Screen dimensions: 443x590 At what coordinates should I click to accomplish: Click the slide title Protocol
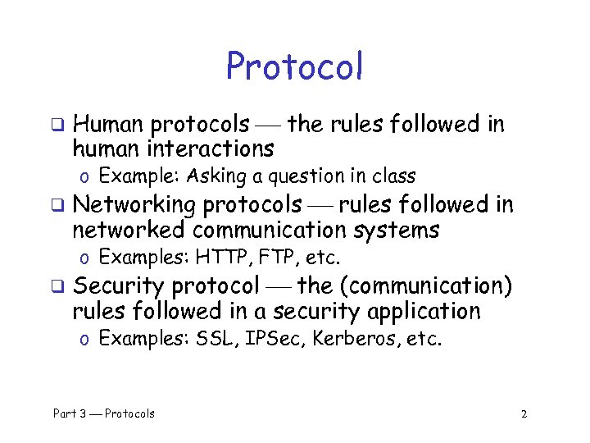(294, 67)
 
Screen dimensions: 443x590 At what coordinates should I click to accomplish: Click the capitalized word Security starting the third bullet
(119, 285)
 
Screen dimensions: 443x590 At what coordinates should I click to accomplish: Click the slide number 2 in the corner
(524, 413)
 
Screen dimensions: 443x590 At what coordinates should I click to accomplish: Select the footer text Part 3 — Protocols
(104, 413)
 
